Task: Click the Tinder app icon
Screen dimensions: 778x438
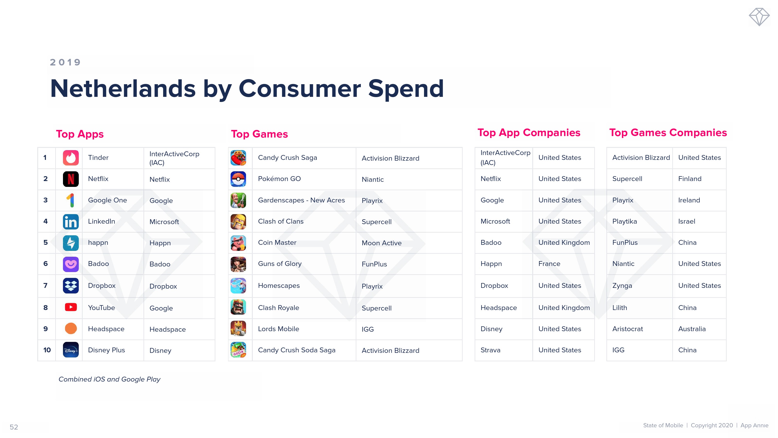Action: coord(71,157)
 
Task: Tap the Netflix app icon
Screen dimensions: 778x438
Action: coord(71,179)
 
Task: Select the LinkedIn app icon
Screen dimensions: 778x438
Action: coord(71,222)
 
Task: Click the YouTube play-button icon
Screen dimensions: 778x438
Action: coord(71,307)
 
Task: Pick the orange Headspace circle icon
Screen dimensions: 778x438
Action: coord(71,328)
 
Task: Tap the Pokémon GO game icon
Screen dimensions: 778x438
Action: coord(238,179)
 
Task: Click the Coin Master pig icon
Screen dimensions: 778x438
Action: coord(238,243)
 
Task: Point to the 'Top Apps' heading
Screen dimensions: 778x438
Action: coord(80,134)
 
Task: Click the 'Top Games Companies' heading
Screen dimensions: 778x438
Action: coord(668,132)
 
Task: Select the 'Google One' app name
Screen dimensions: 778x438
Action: coord(107,200)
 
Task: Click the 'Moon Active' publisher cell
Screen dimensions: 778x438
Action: coord(381,243)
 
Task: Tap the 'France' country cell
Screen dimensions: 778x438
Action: coord(549,264)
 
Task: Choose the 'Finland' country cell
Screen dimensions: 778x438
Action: coord(690,179)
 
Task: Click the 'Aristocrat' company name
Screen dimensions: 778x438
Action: coord(628,329)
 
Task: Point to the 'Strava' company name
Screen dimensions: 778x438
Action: coord(490,350)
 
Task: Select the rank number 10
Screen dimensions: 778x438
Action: coord(47,350)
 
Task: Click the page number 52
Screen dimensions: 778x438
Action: coord(14,427)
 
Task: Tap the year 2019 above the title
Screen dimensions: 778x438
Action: coord(65,62)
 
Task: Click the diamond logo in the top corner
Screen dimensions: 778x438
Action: coord(759,17)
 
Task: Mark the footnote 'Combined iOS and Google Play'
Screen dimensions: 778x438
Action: coord(109,379)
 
